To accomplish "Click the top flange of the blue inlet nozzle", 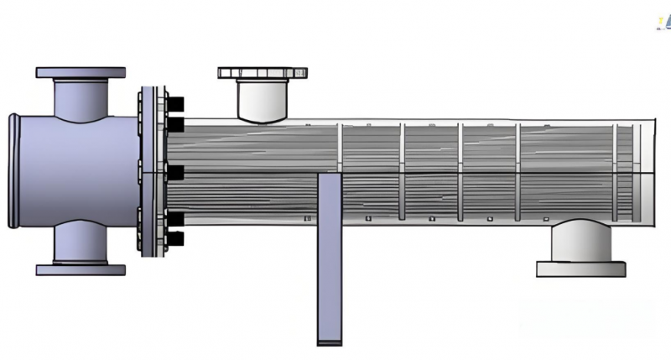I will [81, 73].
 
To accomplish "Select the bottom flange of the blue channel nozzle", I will [81, 269].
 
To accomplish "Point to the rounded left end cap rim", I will [14, 171].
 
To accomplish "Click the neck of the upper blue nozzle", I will [81, 97].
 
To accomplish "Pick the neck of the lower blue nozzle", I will [81, 243].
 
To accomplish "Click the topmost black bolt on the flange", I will [176, 104].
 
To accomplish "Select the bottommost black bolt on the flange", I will [176, 239].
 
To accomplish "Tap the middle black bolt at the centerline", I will [176, 172].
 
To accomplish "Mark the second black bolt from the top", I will [176, 124].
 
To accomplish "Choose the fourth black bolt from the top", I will [176, 220].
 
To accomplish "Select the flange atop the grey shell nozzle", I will [262, 73].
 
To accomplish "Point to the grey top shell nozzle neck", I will [262, 99].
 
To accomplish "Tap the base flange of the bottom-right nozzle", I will [580, 269].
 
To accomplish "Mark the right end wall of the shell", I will [653, 172].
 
